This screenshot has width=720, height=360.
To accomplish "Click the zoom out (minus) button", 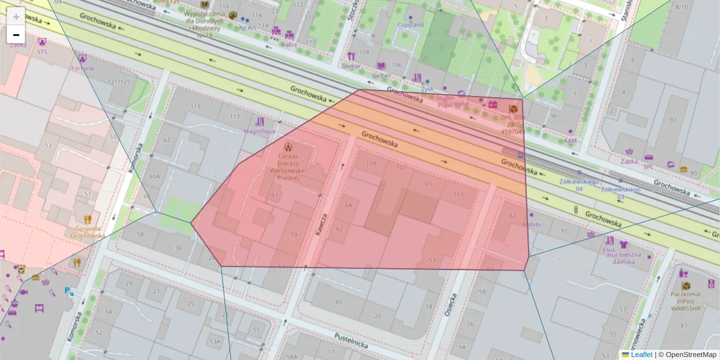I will pos(16,35).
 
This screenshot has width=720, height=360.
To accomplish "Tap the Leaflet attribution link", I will pos(641,355).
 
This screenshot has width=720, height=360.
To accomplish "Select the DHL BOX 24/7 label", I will pos(512,125).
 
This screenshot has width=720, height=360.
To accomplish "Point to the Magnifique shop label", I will pos(259,131).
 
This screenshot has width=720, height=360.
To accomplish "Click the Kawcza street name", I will pos(322,224).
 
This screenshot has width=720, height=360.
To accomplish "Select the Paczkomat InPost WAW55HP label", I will pos(685,302).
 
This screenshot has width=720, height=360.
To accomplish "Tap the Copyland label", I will pos(410,25).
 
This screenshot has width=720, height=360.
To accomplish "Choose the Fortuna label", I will pos(82,68).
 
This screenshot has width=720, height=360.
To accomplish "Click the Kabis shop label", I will pos(289,44).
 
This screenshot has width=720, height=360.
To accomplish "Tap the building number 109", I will pos(371,164).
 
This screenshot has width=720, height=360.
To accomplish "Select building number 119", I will pos(196,107).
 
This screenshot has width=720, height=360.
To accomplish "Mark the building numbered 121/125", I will pos(119,82).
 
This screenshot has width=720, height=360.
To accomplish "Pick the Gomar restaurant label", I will pos(352,65).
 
